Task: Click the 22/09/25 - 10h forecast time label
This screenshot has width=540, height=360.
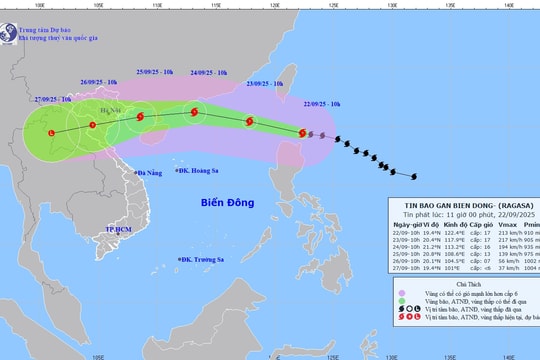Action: point(321,104)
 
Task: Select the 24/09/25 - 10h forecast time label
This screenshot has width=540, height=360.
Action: point(208,73)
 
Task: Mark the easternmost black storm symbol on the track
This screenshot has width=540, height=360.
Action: point(414,177)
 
